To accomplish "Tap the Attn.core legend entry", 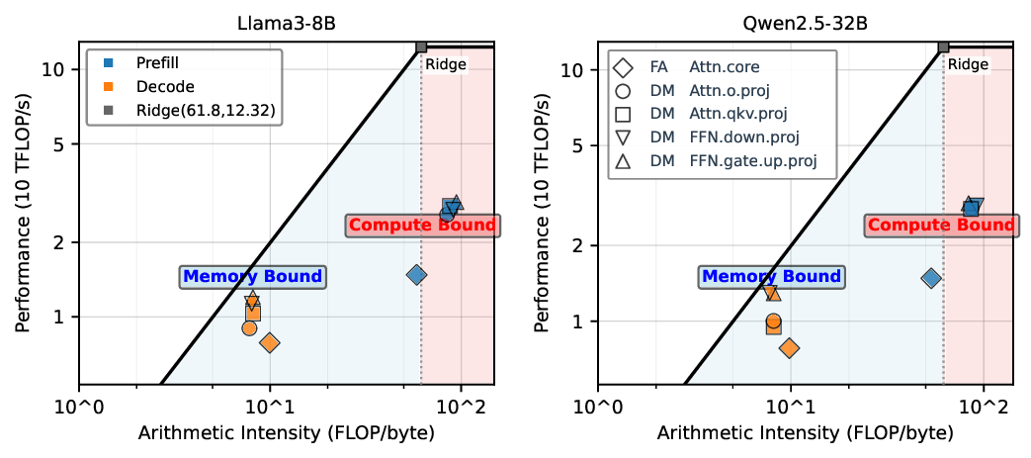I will coord(725,68).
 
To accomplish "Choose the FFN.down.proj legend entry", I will coord(743,137).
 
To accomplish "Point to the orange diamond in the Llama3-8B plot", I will coord(269,342).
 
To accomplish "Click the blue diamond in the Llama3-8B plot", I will coord(416,274).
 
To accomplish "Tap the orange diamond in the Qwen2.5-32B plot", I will coord(789,347).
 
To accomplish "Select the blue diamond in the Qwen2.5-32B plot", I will coord(930,278).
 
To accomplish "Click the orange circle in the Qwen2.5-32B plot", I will coord(773,321).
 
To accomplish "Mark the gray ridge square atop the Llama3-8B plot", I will coord(421,46).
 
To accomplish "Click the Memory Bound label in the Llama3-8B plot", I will coord(252,277).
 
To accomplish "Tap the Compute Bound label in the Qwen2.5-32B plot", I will coord(940,225).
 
